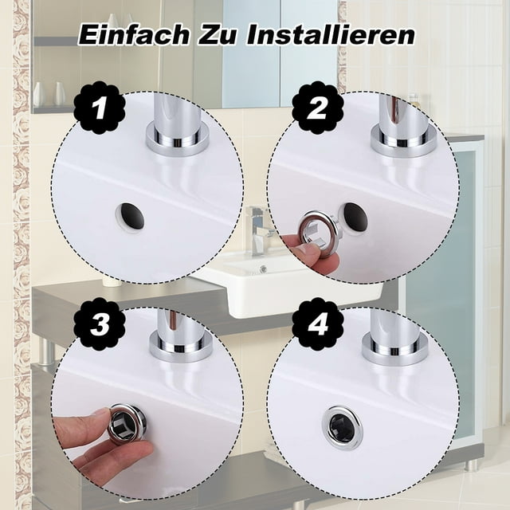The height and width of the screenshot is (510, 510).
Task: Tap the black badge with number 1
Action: pyautogui.click(x=100, y=108)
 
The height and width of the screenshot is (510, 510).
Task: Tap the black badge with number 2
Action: pyautogui.click(x=318, y=108)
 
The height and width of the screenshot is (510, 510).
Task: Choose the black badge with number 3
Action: pyautogui.click(x=100, y=324)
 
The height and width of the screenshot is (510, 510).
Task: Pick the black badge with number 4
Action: pyautogui.click(x=318, y=324)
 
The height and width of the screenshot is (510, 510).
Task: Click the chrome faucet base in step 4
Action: pyautogui.click(x=394, y=351)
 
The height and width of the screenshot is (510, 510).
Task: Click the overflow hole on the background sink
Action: pyautogui.click(x=263, y=269)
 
